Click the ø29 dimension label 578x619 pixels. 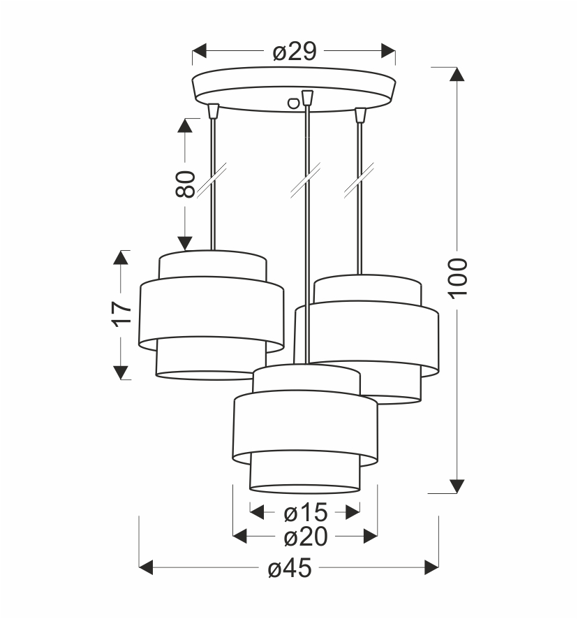pyautogui.click(x=295, y=51)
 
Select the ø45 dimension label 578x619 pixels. pyautogui.click(x=289, y=569)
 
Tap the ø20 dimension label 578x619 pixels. pyautogui.click(x=305, y=537)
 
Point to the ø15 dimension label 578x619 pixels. pyautogui.click(x=305, y=513)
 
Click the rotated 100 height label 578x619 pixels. pyautogui.click(x=457, y=277)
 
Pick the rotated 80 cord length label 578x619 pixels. pyautogui.click(x=185, y=184)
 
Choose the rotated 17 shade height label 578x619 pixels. pyautogui.click(x=121, y=314)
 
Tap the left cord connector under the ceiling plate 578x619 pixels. pyautogui.click(x=213, y=111)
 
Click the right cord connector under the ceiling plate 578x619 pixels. pyautogui.click(x=360, y=114)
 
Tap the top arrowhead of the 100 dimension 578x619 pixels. pyautogui.click(x=457, y=75)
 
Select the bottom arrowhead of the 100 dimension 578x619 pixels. pyautogui.click(x=457, y=486)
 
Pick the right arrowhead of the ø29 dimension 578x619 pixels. pyautogui.click(x=387, y=51)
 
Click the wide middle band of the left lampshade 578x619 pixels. pyautogui.click(x=212, y=314)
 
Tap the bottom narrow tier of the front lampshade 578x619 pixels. pyautogui.click(x=305, y=474)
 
